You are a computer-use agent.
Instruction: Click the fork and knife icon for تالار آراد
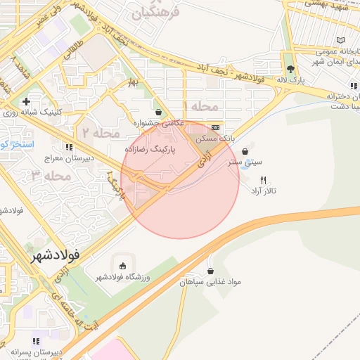[x=264, y=179]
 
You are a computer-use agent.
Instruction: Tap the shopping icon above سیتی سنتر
[x=245, y=151]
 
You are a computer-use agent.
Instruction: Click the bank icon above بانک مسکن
[x=215, y=127]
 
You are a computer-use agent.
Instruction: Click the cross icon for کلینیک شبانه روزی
[x=26, y=103]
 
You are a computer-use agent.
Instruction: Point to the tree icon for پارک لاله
[x=290, y=69]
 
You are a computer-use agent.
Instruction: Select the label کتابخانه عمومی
[x=327, y=51]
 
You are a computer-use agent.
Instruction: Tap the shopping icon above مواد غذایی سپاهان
[x=210, y=271]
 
